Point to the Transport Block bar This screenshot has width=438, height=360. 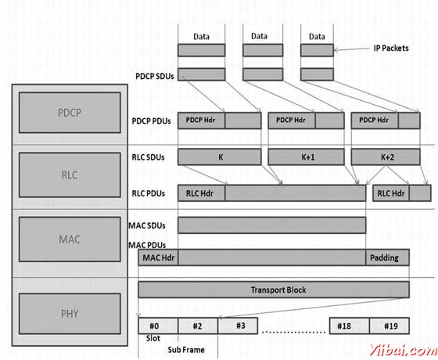pyautogui.click(x=274, y=290)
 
